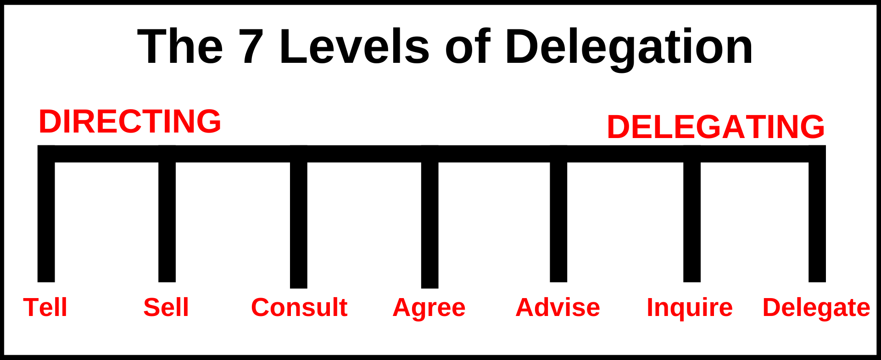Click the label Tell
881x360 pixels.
pos(45,307)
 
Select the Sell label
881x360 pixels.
pos(166,307)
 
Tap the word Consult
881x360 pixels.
pos(299,307)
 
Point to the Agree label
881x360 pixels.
pos(429,308)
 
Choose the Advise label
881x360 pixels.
pos(558,307)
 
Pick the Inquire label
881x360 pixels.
pos(689,307)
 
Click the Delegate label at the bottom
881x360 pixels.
pos(816,308)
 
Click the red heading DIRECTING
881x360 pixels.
pos(130,122)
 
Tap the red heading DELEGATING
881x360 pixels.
pos(715,127)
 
